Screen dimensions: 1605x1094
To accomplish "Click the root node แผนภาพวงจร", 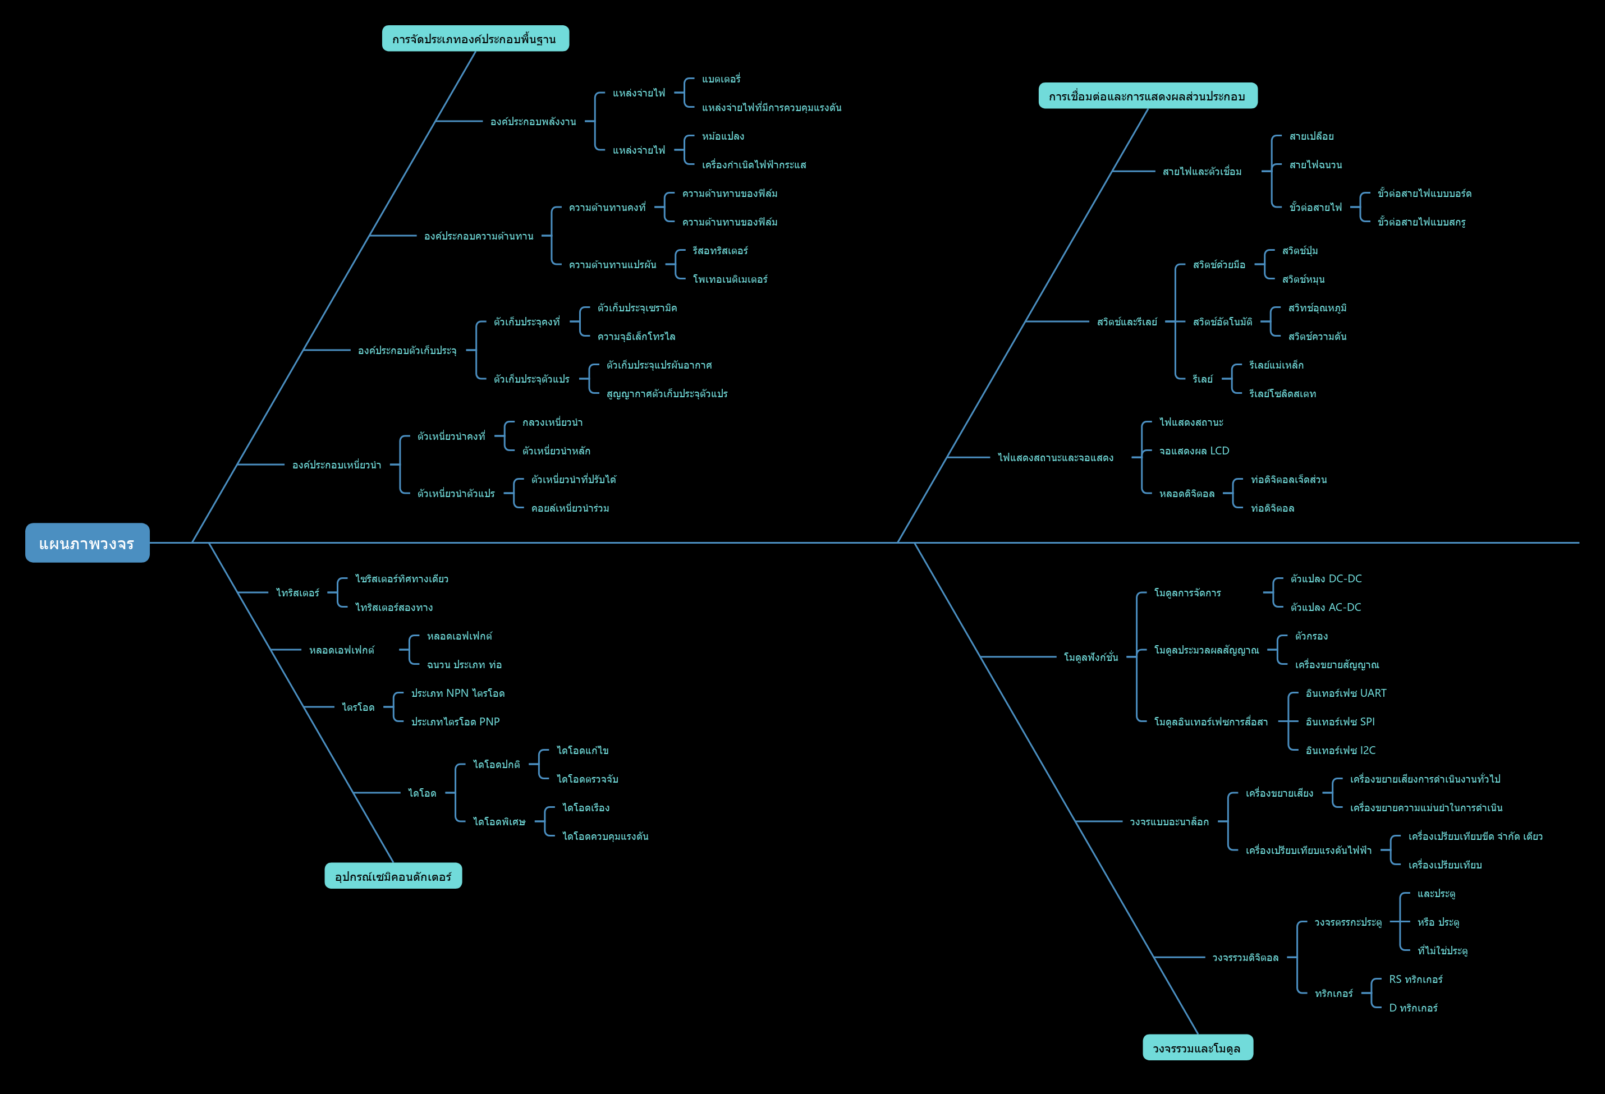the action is tap(87, 543).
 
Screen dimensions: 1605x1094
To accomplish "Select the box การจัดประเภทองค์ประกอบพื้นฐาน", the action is tap(475, 39).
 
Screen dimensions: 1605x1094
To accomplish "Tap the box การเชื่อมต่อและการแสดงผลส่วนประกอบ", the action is tap(1148, 96).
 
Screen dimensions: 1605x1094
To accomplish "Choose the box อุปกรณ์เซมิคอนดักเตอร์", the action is tap(393, 876).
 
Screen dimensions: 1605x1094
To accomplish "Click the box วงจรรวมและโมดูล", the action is tap(1198, 1048).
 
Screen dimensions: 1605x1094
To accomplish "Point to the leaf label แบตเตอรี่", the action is tap(721, 79).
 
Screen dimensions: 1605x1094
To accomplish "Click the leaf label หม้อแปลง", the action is tap(723, 136).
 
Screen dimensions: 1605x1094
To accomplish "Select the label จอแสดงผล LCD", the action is tap(1194, 451).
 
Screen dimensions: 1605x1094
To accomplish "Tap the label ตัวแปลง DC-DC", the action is tap(1326, 578).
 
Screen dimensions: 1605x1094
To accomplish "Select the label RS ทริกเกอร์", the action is tap(1416, 980).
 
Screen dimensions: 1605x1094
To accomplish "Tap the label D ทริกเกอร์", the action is tap(1414, 1008).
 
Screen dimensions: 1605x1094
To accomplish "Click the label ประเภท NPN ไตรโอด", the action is tap(458, 693).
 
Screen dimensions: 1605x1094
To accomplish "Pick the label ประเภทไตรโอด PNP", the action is tap(455, 722).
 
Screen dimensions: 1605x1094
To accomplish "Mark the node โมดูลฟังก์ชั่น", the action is tap(1091, 657).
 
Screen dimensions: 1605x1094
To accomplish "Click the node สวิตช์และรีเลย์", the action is tap(1127, 321).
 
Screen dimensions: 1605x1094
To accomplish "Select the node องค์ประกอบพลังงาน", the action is tap(533, 122).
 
